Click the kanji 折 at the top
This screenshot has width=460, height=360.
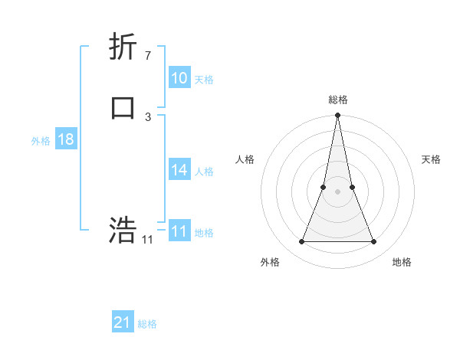pyautogui.click(x=123, y=47)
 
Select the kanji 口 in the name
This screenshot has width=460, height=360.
pyautogui.click(x=123, y=106)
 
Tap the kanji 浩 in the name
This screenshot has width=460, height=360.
pyautogui.click(x=123, y=230)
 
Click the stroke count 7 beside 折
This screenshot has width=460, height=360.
pyautogui.click(x=147, y=55)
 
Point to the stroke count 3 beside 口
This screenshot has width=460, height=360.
pyautogui.click(x=147, y=116)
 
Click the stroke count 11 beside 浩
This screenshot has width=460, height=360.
pyautogui.click(x=147, y=240)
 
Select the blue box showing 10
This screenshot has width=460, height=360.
pyautogui.click(x=179, y=78)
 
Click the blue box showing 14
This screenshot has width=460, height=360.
pyautogui.click(x=179, y=170)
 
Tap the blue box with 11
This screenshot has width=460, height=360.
pyautogui.click(x=179, y=231)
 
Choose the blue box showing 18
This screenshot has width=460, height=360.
pyautogui.click(x=66, y=139)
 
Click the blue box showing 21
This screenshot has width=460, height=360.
pyautogui.click(x=123, y=322)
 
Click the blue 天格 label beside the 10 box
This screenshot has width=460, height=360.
pyautogui.click(x=204, y=80)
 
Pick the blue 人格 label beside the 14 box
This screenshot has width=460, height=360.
pyautogui.click(x=204, y=172)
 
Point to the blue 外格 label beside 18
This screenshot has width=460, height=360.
pyautogui.click(x=41, y=141)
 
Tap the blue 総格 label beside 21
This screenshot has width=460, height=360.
pyautogui.click(x=147, y=324)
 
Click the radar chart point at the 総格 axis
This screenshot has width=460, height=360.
pyautogui.click(x=337, y=116)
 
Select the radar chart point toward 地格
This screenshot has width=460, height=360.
pyautogui.click(x=374, y=242)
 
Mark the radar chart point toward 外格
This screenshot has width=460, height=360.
pyautogui.click(x=301, y=242)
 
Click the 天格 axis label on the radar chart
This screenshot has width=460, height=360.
pyautogui.click(x=432, y=159)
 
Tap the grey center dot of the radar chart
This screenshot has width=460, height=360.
pyautogui.click(x=337, y=191)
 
